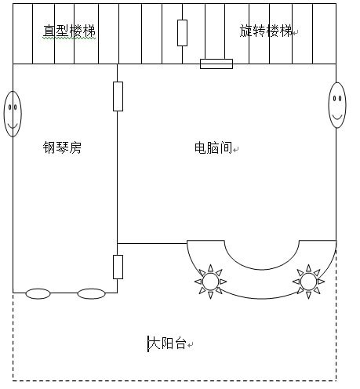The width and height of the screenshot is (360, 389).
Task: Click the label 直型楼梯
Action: tap(69, 31)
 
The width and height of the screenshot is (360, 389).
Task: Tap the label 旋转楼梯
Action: tap(266, 31)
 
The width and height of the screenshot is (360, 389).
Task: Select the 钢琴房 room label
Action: tap(62, 147)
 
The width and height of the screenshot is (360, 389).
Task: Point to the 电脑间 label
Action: tap(213, 147)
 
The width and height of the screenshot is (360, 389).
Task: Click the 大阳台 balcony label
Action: tap(168, 343)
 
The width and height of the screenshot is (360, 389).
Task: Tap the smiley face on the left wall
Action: tap(13, 114)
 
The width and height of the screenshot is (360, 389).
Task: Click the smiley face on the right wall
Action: tap(337, 105)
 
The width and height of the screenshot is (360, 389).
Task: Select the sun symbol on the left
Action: tap(210, 282)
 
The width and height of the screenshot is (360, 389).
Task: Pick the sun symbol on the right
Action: tap(308, 282)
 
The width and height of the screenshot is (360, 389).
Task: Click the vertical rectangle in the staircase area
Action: tap(182, 33)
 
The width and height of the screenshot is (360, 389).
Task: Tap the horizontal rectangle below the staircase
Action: tap(216, 64)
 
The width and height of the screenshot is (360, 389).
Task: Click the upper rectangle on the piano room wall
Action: tap(118, 96)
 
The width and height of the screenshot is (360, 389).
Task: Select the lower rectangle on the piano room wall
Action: tap(118, 267)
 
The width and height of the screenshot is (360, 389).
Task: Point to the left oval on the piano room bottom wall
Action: tap(38, 293)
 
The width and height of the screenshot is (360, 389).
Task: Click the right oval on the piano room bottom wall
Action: tap(91, 293)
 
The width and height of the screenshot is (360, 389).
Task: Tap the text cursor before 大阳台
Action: tap(148, 344)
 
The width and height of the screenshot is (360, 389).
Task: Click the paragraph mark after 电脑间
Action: tap(236, 150)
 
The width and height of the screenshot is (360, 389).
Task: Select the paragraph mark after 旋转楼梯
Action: tap(296, 33)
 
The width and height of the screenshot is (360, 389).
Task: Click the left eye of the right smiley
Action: tap(334, 99)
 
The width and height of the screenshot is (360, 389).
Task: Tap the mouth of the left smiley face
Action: tap(13, 126)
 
